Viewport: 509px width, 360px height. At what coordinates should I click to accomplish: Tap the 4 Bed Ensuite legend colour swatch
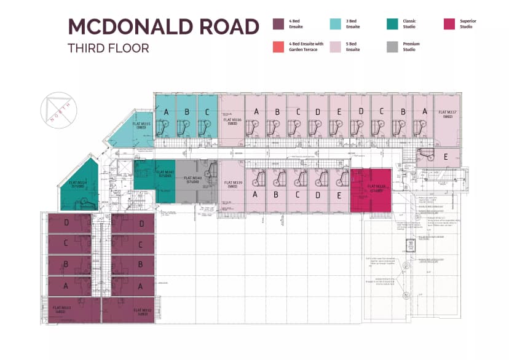pyautogui.click(x=278, y=25)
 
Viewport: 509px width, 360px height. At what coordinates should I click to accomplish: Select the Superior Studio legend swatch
pyautogui.click(x=449, y=25)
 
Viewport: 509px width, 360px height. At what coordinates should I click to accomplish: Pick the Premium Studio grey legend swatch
pyautogui.click(x=392, y=47)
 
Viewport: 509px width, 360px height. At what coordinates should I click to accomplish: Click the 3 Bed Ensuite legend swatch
pyautogui.click(x=335, y=25)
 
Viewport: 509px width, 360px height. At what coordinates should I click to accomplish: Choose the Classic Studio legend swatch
pyautogui.click(x=392, y=25)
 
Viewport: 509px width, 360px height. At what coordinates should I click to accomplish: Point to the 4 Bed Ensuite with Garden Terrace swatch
pyautogui.click(x=278, y=47)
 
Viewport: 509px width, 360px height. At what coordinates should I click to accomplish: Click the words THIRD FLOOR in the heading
pyautogui.click(x=108, y=48)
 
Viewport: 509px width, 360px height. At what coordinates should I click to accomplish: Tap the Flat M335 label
pyautogui.click(x=141, y=125)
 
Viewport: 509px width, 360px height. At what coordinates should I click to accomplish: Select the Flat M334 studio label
pyautogui.click(x=77, y=184)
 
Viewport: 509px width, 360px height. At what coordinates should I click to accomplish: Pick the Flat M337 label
pyautogui.click(x=447, y=114)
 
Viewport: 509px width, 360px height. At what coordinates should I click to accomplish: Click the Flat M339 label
pyautogui.click(x=232, y=184)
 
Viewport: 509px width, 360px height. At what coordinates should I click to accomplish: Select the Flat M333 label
pyautogui.click(x=62, y=310)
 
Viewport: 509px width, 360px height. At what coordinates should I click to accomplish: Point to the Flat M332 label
pyautogui.click(x=142, y=311)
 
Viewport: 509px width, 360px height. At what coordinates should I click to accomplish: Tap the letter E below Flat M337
pyautogui.click(x=445, y=157)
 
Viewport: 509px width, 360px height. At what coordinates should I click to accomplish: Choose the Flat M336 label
pyautogui.click(x=232, y=122)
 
